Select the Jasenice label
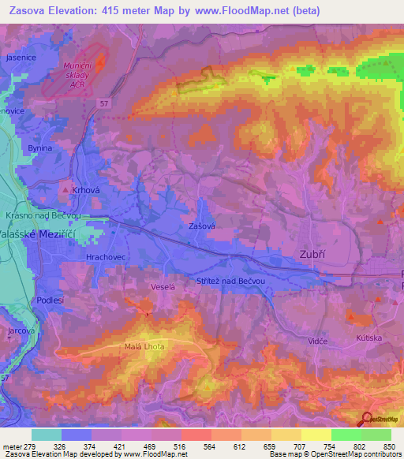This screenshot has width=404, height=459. [21, 58]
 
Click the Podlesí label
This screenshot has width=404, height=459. [49, 301]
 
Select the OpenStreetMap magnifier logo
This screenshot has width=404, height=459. [366, 419]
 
